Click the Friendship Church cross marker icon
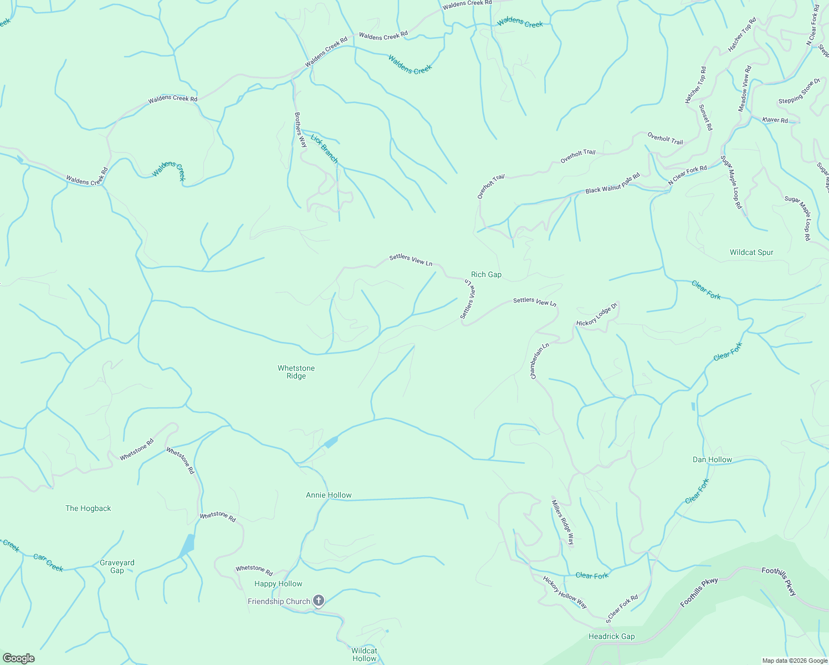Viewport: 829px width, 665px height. pyautogui.click(x=319, y=601)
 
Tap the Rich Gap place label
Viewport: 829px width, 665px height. pyautogui.click(x=486, y=275)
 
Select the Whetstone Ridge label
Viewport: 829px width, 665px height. pyautogui.click(x=296, y=372)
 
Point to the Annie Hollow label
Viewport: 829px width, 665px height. pyautogui.click(x=329, y=495)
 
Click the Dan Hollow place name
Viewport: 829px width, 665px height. pyautogui.click(x=712, y=460)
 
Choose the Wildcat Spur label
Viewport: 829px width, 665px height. pyautogui.click(x=751, y=253)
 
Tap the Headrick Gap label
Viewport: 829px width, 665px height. pyautogui.click(x=611, y=637)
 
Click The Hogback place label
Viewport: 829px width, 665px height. pyautogui.click(x=88, y=509)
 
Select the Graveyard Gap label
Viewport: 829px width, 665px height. pyautogui.click(x=117, y=566)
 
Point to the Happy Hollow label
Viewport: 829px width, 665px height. pyautogui.click(x=278, y=584)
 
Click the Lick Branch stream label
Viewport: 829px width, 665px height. pyautogui.click(x=324, y=149)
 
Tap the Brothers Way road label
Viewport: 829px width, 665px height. pyautogui.click(x=300, y=130)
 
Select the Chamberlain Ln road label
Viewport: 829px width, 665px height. pyautogui.click(x=539, y=361)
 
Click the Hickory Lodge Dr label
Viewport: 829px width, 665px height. pyautogui.click(x=597, y=314)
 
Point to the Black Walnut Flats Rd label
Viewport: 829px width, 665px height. pyautogui.click(x=612, y=183)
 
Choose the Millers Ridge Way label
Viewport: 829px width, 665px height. pyautogui.click(x=563, y=523)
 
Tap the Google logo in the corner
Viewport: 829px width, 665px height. pyautogui.click(x=18, y=658)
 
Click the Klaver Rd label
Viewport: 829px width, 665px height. pyautogui.click(x=775, y=120)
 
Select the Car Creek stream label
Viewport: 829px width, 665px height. pyautogui.click(x=48, y=562)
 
